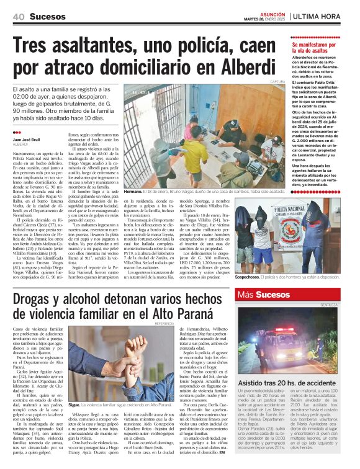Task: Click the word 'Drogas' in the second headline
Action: pos(38,299)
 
